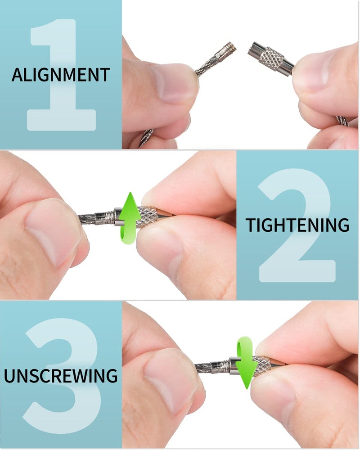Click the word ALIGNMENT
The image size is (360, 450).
click(x=61, y=75)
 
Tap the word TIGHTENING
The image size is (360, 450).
click(x=297, y=225)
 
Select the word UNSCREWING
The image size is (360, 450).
click(x=61, y=375)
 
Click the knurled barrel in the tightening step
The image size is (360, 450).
click(x=148, y=216)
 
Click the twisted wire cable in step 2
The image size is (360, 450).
click(x=92, y=220)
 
